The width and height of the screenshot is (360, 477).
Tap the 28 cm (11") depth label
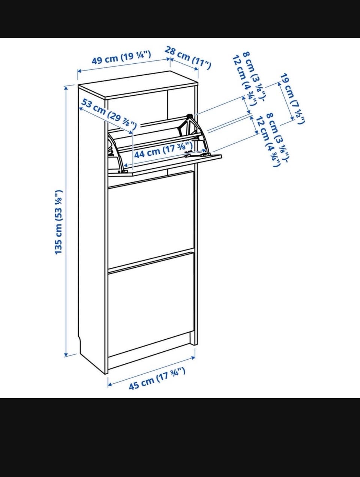(x=187, y=58)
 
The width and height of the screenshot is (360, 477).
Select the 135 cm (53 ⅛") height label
(x=59, y=222)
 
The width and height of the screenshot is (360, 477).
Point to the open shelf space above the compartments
(x=150, y=109)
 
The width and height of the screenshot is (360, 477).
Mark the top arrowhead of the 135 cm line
(x=67, y=87)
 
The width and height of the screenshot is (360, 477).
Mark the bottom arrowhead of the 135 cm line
(x=67, y=355)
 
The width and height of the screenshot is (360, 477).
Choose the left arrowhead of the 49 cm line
(x=79, y=71)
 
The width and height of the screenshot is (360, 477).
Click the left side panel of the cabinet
(x=92, y=225)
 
